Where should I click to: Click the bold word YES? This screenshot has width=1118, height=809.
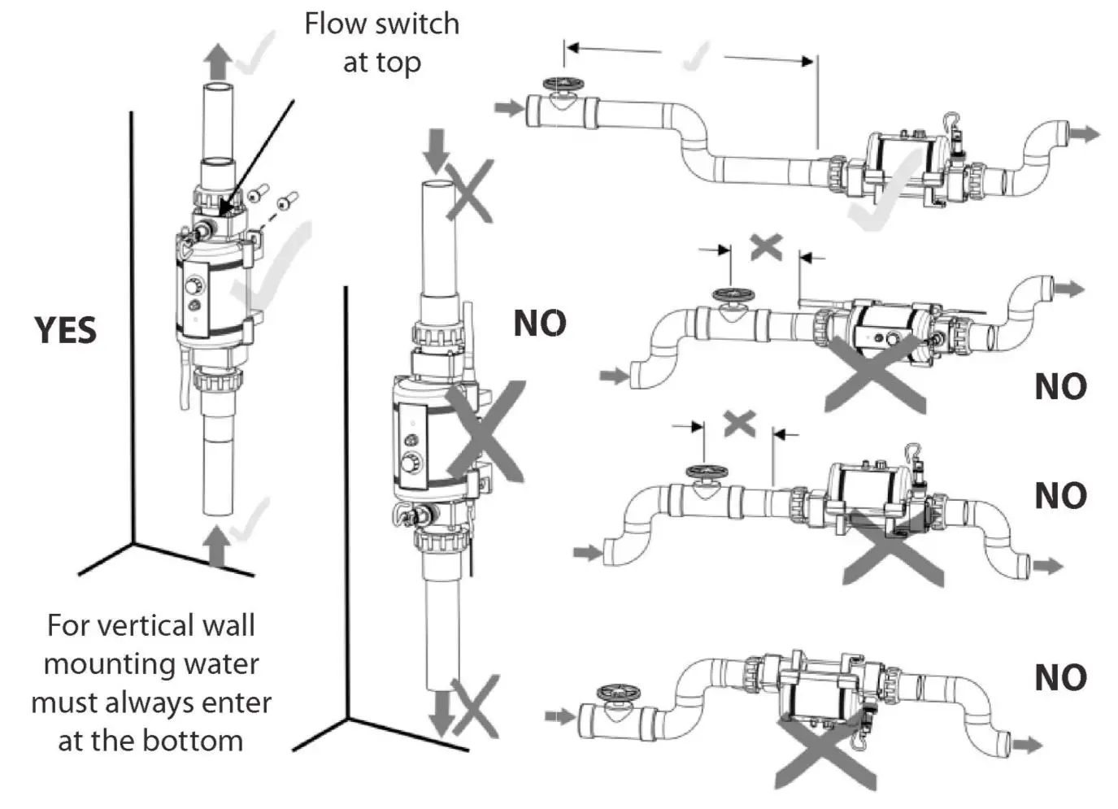pyautogui.click(x=66, y=330)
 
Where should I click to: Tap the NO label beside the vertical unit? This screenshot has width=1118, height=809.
pyautogui.click(x=540, y=324)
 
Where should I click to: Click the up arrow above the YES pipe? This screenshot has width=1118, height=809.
pyautogui.click(x=217, y=60)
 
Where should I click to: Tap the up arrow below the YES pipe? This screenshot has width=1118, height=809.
pyautogui.click(x=216, y=545)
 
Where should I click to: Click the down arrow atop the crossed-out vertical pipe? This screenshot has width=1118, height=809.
pyautogui.click(x=437, y=150)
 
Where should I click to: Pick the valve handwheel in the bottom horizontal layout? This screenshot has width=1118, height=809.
pyautogui.click(x=614, y=693)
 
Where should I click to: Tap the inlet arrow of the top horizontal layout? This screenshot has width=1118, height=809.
pyautogui.click(x=510, y=107)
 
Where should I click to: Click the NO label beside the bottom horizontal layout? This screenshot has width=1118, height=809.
pyautogui.click(x=1060, y=677)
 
